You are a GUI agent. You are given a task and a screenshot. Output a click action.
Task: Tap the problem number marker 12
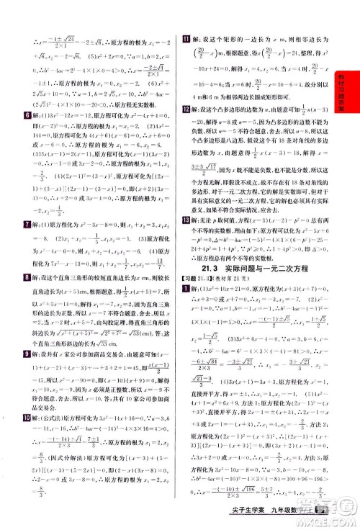click(186, 128)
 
